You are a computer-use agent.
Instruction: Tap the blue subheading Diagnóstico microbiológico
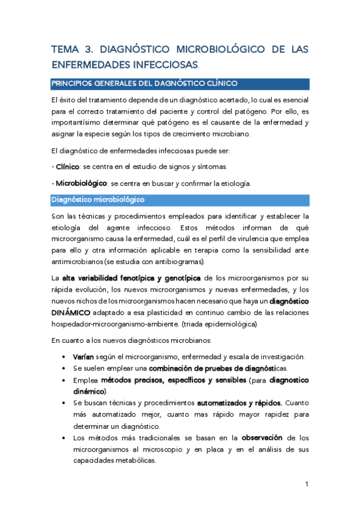coord(97,198)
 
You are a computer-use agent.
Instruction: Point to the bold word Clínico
coord(68,166)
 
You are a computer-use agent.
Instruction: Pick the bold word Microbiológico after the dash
coord(82,183)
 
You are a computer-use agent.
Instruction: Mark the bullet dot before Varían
coord(64,357)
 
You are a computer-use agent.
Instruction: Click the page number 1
coord(307,484)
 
